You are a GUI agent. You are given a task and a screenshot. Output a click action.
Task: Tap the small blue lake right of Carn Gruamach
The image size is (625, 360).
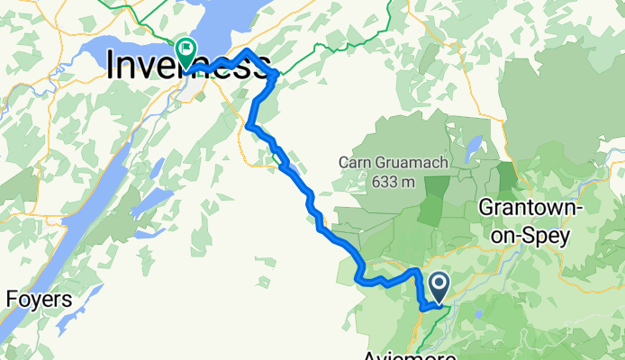[472, 148]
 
